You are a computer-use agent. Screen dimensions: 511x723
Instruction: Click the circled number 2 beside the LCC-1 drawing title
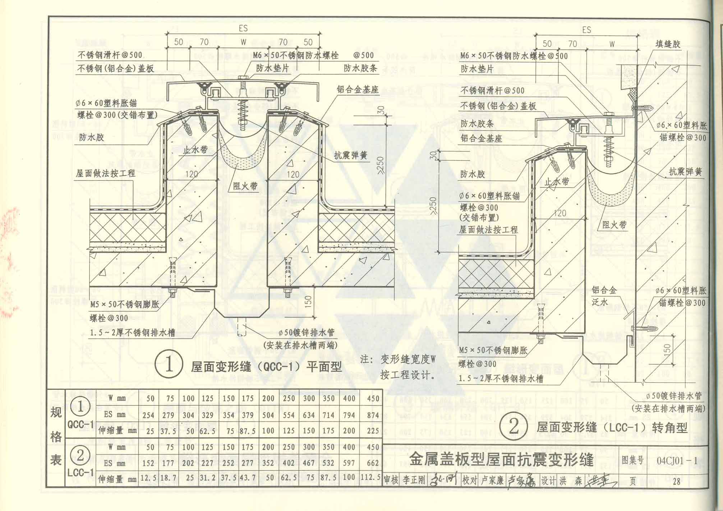click(x=514, y=427)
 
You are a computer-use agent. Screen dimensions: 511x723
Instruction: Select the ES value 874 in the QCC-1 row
click(x=373, y=415)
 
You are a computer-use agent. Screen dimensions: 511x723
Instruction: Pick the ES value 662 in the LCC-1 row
click(x=373, y=463)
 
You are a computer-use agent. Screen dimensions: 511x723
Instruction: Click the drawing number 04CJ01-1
click(x=677, y=461)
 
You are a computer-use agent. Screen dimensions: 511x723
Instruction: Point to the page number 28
click(x=676, y=482)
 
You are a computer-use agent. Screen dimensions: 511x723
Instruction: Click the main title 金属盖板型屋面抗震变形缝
click(x=501, y=460)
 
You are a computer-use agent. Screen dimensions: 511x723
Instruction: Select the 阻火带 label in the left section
click(x=245, y=186)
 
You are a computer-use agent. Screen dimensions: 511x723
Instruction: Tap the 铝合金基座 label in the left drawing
click(x=358, y=90)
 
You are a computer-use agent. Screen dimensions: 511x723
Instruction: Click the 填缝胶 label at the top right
click(x=668, y=44)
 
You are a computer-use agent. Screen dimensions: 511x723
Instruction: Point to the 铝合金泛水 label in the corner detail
click(x=604, y=296)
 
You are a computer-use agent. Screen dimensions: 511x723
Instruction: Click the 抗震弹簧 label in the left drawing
click(x=350, y=155)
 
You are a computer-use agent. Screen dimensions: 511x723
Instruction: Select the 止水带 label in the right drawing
click(x=557, y=182)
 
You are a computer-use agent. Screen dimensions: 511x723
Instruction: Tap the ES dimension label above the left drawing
click(x=243, y=28)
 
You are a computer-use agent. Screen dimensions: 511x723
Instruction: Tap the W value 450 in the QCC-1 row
click(x=373, y=398)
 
